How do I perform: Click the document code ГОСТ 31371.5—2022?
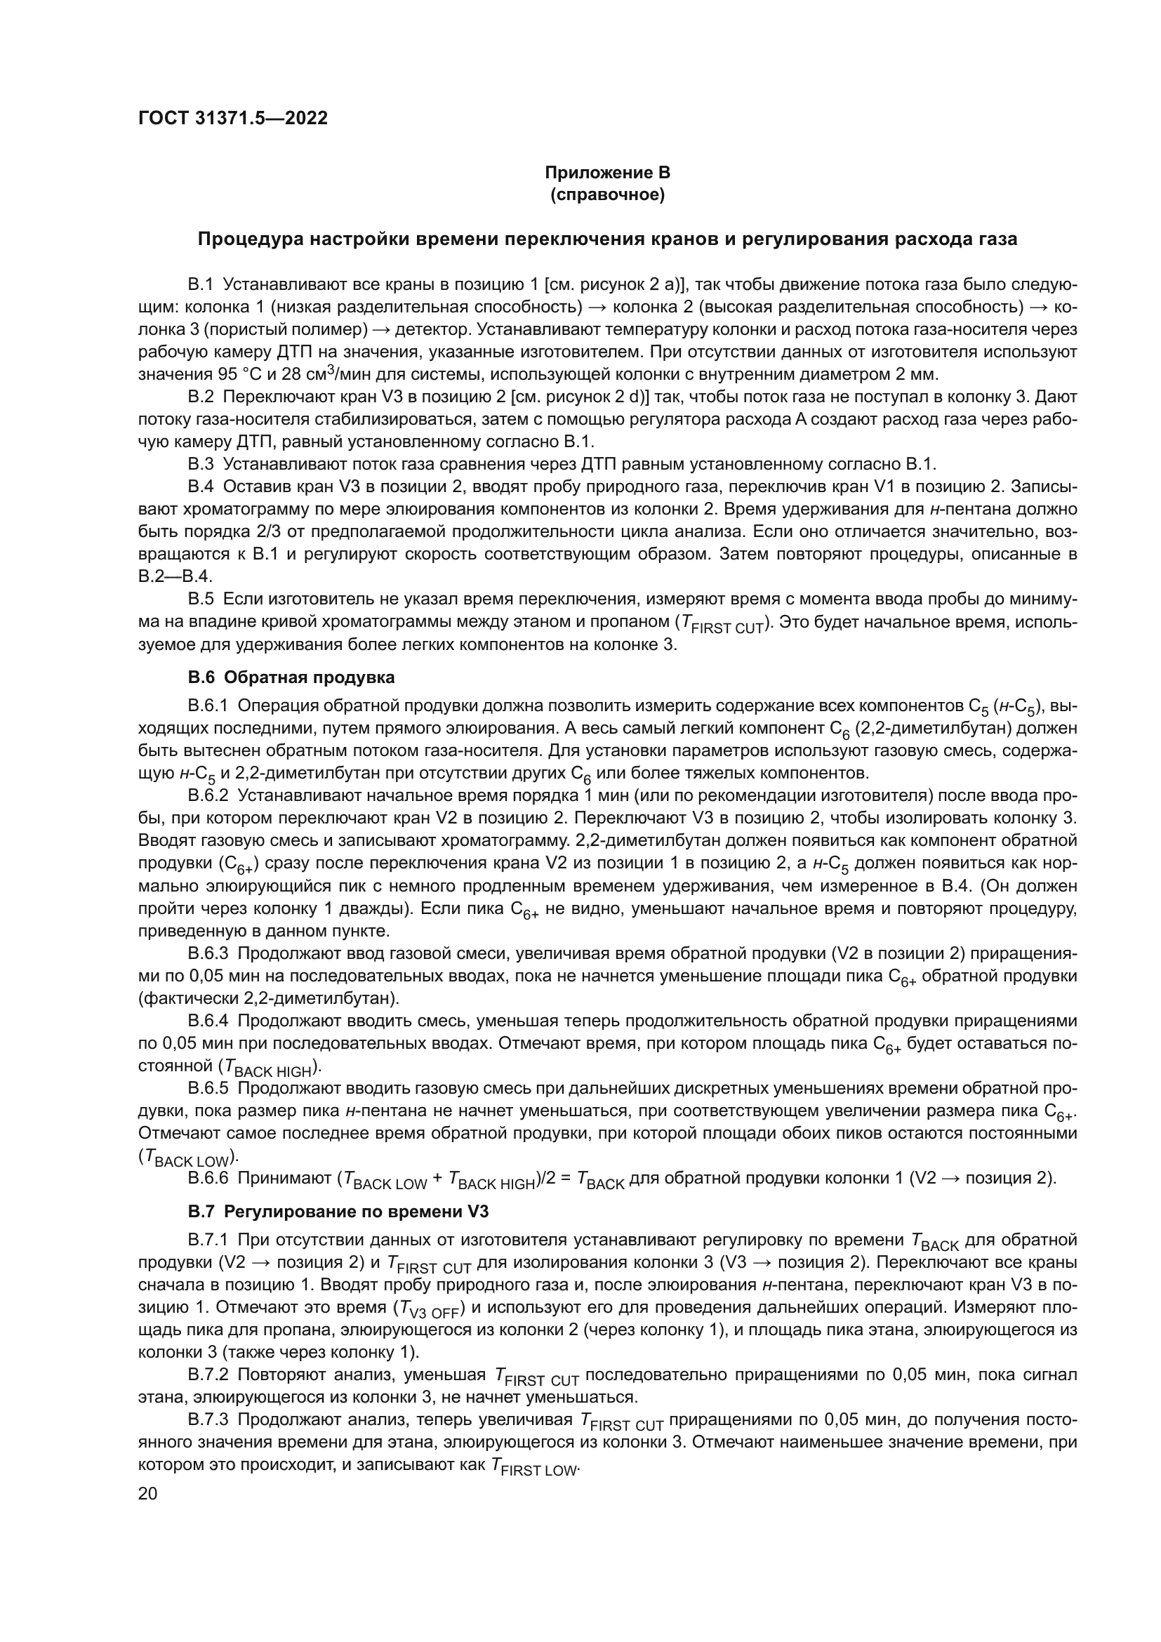[x=233, y=119]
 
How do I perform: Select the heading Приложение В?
[x=607, y=173]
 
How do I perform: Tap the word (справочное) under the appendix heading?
[x=607, y=195]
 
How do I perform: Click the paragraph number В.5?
[x=201, y=600]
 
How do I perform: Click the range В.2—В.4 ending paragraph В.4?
[x=175, y=576]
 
